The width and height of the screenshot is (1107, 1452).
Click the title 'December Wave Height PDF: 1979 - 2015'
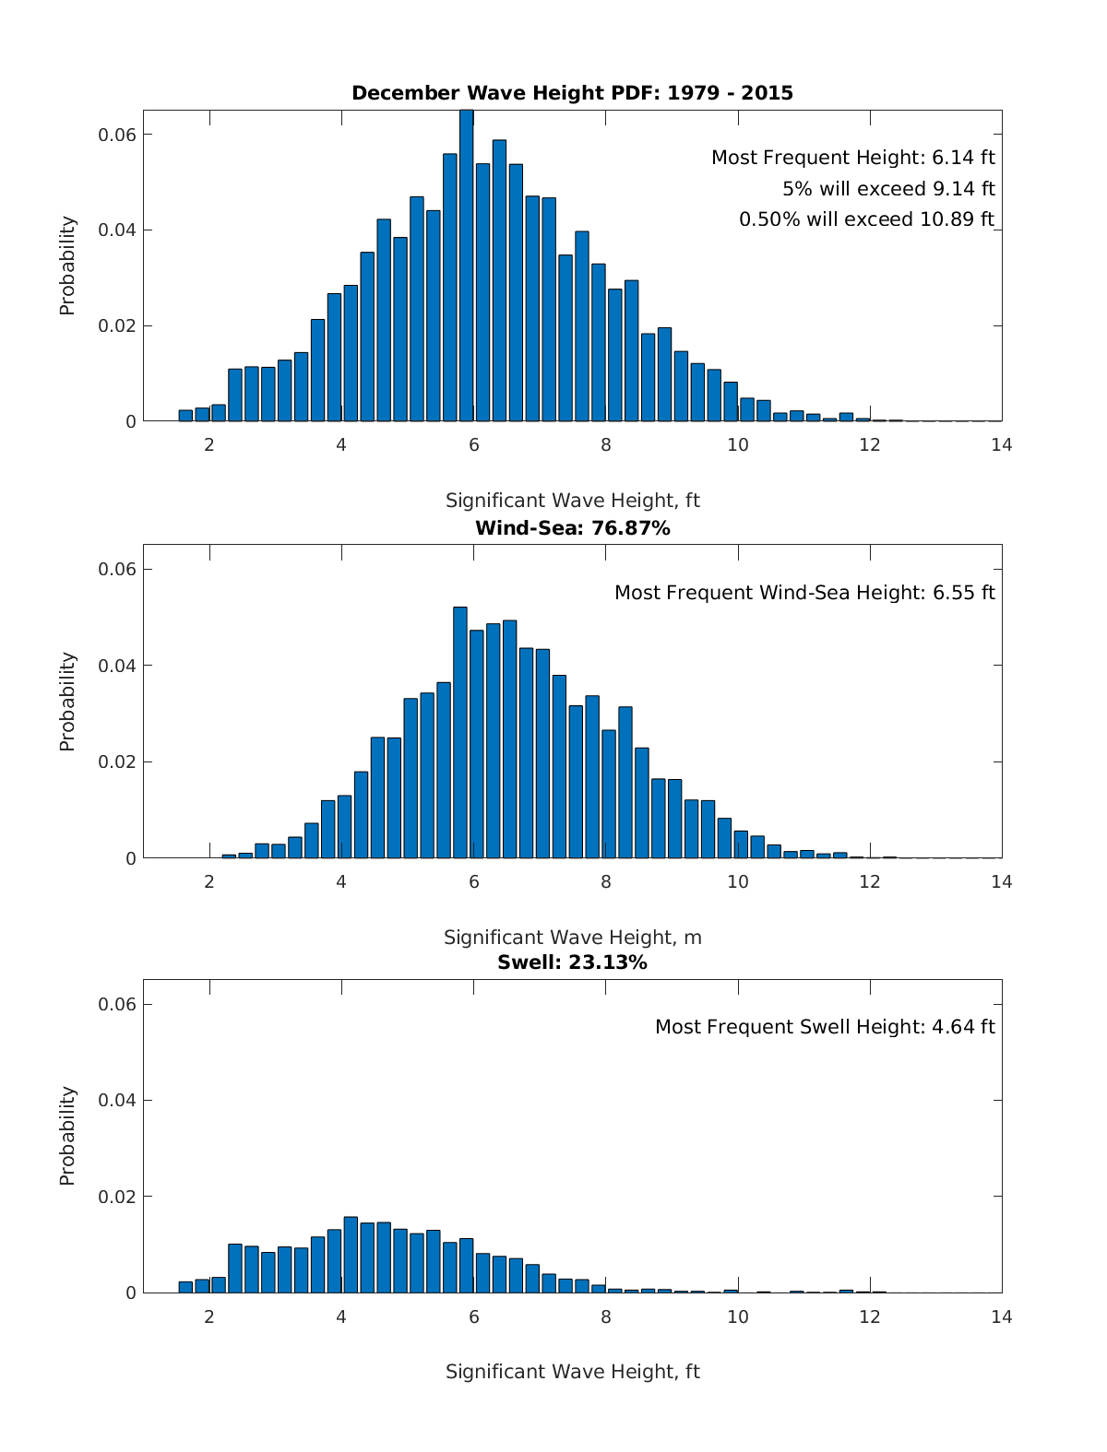point(572,93)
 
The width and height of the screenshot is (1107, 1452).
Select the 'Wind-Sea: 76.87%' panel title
point(572,528)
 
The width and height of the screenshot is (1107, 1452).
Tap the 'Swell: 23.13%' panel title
point(572,962)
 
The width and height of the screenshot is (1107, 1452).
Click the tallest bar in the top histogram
point(467,267)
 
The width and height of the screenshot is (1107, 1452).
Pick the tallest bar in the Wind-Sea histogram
point(460,733)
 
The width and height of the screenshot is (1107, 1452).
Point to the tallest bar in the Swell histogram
point(351,1255)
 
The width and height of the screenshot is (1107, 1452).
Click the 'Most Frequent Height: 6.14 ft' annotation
point(852,158)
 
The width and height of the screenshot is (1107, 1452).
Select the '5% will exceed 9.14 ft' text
point(888,189)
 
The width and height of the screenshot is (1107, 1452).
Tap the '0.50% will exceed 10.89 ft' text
point(866,219)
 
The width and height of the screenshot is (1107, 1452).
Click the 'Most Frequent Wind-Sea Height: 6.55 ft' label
point(804,593)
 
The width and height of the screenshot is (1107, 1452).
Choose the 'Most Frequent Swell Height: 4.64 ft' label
point(825,1027)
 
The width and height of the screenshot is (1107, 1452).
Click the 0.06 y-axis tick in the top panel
point(117,135)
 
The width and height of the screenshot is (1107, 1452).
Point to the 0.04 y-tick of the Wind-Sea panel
point(117,666)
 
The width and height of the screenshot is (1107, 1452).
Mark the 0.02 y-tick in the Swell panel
point(117,1197)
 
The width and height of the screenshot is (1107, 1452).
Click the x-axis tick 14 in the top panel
point(1001,445)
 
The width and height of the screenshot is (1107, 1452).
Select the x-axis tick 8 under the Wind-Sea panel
point(606,881)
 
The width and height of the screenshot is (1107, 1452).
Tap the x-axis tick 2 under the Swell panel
point(209,1316)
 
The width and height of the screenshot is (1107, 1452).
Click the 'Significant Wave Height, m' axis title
point(572,938)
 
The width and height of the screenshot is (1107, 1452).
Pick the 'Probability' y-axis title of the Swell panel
point(67,1136)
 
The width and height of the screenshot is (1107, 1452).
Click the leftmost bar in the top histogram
point(185,416)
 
